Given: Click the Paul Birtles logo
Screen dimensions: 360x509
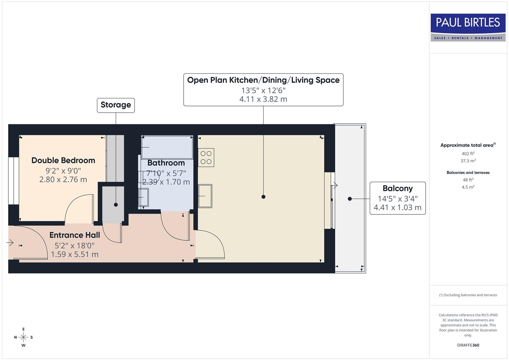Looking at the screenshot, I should [x=468, y=27].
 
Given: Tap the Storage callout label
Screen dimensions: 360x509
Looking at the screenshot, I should [x=116, y=105].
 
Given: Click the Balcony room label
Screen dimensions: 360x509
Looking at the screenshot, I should [x=397, y=189].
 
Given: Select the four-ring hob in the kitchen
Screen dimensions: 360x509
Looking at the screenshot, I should [x=206, y=158].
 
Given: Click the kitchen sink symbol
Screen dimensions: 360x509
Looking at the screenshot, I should [x=205, y=196].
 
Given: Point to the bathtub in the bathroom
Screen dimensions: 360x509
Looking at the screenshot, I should [x=167, y=147].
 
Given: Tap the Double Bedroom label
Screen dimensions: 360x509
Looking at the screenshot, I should [x=63, y=160].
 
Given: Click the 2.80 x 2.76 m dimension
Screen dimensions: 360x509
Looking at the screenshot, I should [x=63, y=180].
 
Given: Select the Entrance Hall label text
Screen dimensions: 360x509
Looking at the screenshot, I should [x=75, y=235].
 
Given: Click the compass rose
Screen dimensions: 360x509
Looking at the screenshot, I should [x=23, y=337].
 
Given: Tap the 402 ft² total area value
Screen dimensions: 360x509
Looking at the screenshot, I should [x=468, y=154].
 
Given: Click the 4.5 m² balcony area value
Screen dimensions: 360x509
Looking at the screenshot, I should [x=468, y=187].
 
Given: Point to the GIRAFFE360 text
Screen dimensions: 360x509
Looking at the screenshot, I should [x=468, y=345].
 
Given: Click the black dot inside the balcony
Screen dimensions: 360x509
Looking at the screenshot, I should [x=350, y=199].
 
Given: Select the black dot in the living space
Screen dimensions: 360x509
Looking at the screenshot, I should [x=263, y=197].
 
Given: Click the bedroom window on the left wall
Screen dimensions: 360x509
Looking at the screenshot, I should [x=14, y=180].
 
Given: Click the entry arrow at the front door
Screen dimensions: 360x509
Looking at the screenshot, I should [x=10, y=243].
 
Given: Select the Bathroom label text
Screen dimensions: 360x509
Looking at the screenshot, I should [x=166, y=163].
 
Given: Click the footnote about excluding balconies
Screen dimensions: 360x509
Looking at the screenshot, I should [x=468, y=295].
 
